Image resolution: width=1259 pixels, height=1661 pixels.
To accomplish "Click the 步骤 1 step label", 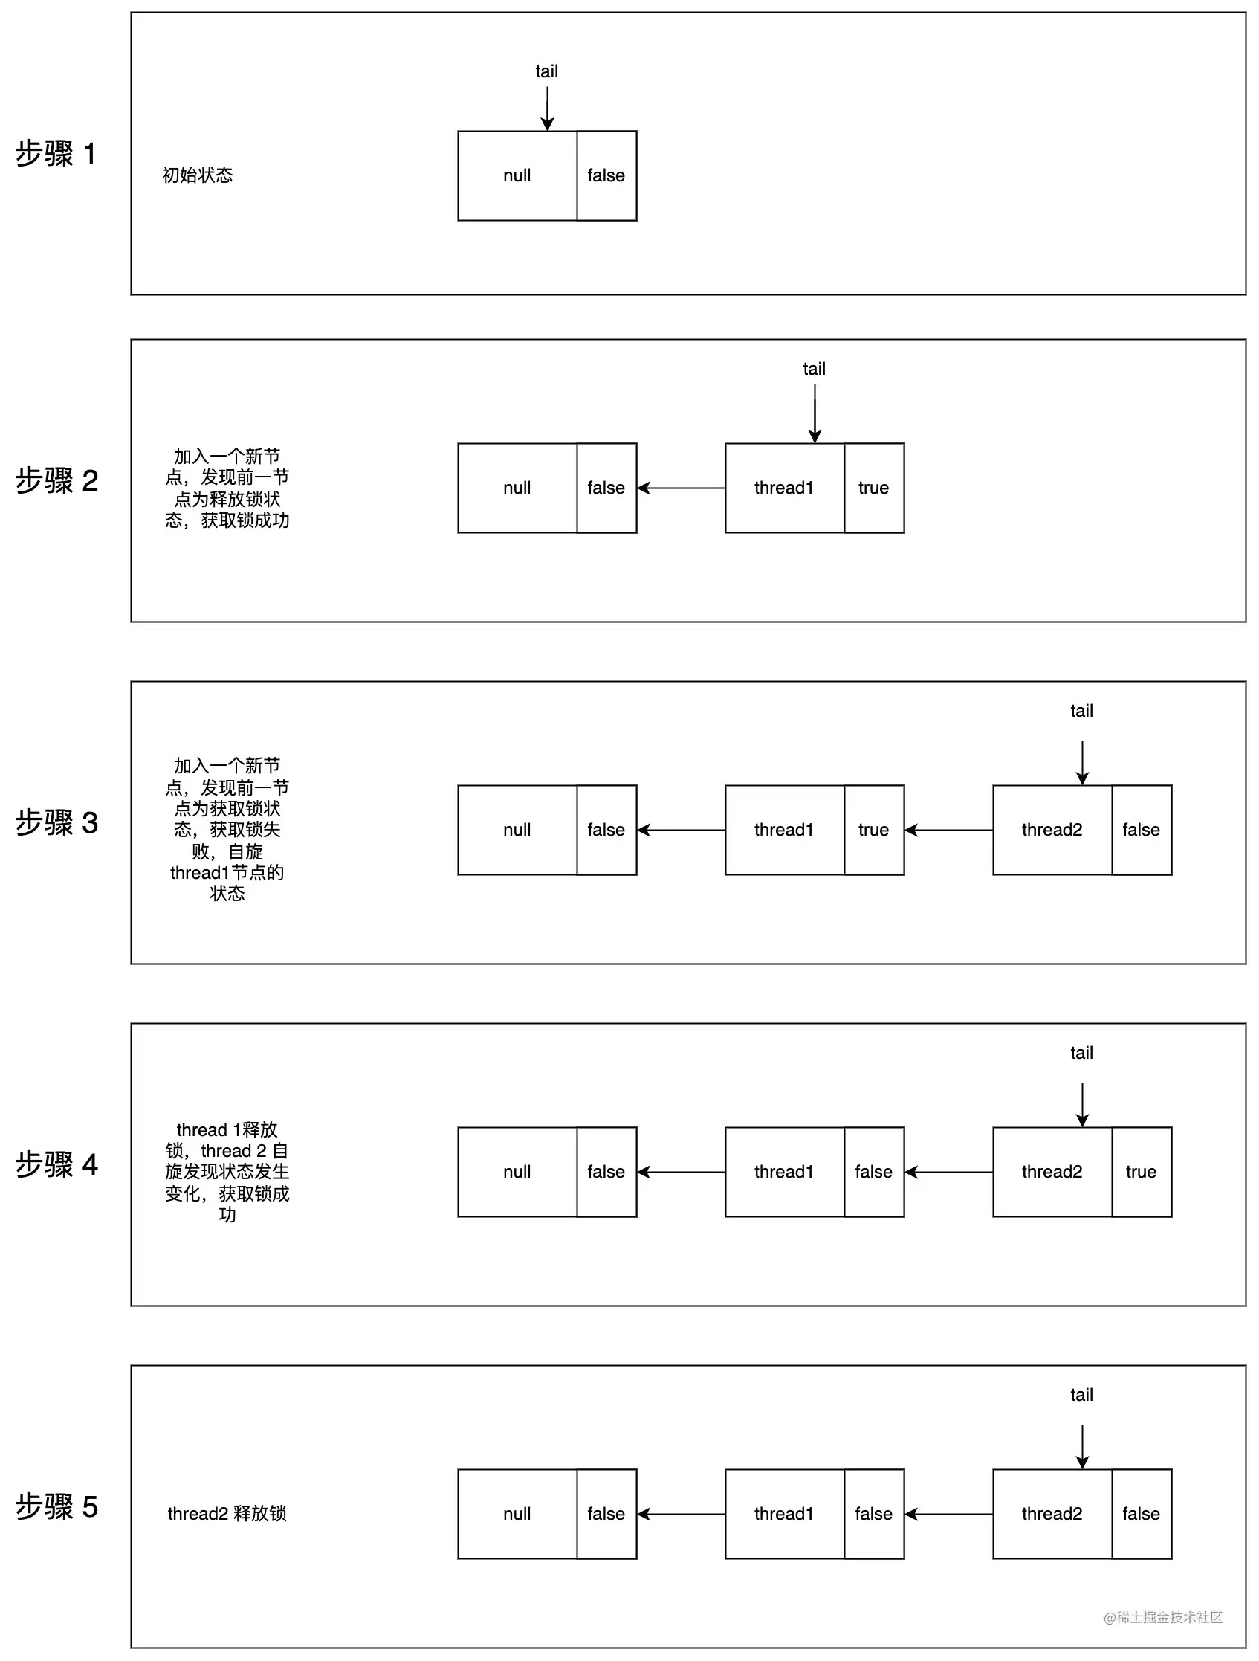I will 56,154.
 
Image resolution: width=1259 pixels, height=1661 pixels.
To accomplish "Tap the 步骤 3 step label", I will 57,823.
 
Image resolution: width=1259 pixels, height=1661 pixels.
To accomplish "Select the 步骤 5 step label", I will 57,1506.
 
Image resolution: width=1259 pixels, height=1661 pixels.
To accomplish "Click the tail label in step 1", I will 546,71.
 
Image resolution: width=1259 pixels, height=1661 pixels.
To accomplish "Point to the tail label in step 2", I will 814,369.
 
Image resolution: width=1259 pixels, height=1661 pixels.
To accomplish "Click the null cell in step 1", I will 517,175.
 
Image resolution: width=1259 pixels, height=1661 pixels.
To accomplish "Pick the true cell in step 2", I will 873,488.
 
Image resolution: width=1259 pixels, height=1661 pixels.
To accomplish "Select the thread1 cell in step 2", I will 784,488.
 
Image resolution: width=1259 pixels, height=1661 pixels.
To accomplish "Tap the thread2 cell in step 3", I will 1051,830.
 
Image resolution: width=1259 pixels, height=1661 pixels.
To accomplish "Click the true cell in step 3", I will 873,830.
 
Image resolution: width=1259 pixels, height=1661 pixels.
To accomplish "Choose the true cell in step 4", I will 1140,1172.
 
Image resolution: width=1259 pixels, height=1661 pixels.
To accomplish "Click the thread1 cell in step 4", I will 784,1172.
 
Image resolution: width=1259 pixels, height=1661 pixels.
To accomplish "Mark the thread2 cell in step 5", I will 1051,1513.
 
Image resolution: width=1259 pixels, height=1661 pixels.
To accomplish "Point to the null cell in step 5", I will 517,1513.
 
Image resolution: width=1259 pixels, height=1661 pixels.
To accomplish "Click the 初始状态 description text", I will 198,175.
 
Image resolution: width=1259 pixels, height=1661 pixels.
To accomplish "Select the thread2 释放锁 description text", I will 227,1513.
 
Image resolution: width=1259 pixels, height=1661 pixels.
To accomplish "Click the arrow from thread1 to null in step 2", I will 681,488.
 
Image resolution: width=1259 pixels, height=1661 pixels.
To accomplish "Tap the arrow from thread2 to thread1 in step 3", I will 948,830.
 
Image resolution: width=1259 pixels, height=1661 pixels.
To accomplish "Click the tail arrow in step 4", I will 1082,1104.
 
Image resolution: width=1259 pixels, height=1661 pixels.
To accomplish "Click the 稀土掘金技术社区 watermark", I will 1163,1617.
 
